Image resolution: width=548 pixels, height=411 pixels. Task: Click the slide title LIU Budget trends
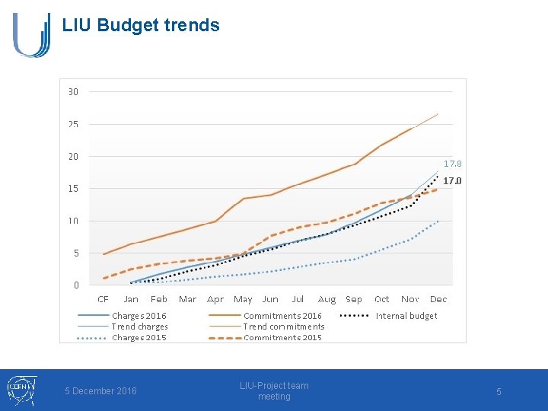[x=141, y=25]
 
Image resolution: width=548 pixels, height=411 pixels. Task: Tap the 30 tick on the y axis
[x=73, y=91]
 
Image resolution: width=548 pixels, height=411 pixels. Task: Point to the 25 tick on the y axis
[x=73, y=124]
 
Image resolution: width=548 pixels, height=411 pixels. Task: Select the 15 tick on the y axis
[x=73, y=188]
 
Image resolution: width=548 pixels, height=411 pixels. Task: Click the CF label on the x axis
[x=103, y=300]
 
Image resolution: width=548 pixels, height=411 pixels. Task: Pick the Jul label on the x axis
[x=298, y=300]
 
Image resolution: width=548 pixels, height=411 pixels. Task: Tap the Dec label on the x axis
[x=438, y=300]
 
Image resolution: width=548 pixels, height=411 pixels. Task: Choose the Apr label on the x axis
[x=215, y=300]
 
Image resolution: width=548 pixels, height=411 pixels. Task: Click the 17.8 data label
[x=453, y=164]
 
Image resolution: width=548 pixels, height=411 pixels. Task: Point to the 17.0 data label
[x=453, y=181]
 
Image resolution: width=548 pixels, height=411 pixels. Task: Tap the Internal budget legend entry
[x=406, y=316]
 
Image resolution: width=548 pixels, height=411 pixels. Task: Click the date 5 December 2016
[x=100, y=391]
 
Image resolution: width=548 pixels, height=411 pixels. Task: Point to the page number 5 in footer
[x=499, y=391]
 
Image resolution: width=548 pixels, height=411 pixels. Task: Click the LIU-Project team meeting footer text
[x=274, y=391]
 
